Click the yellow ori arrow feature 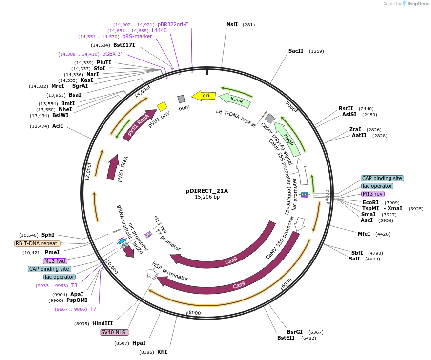tap(204, 96)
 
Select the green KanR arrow tap(235, 100)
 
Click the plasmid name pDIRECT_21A tap(207, 191)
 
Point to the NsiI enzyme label tap(232, 24)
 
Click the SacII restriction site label tap(296, 51)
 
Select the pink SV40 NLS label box tap(114, 332)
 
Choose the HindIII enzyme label tap(103, 323)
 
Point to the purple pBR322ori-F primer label tap(173, 24)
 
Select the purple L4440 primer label tap(159, 30)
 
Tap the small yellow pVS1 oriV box tap(162, 106)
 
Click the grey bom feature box tap(181, 99)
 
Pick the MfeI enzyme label tap(364, 234)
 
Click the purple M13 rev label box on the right tap(372, 194)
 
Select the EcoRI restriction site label tap(370, 202)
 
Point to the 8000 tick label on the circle tap(195, 313)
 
